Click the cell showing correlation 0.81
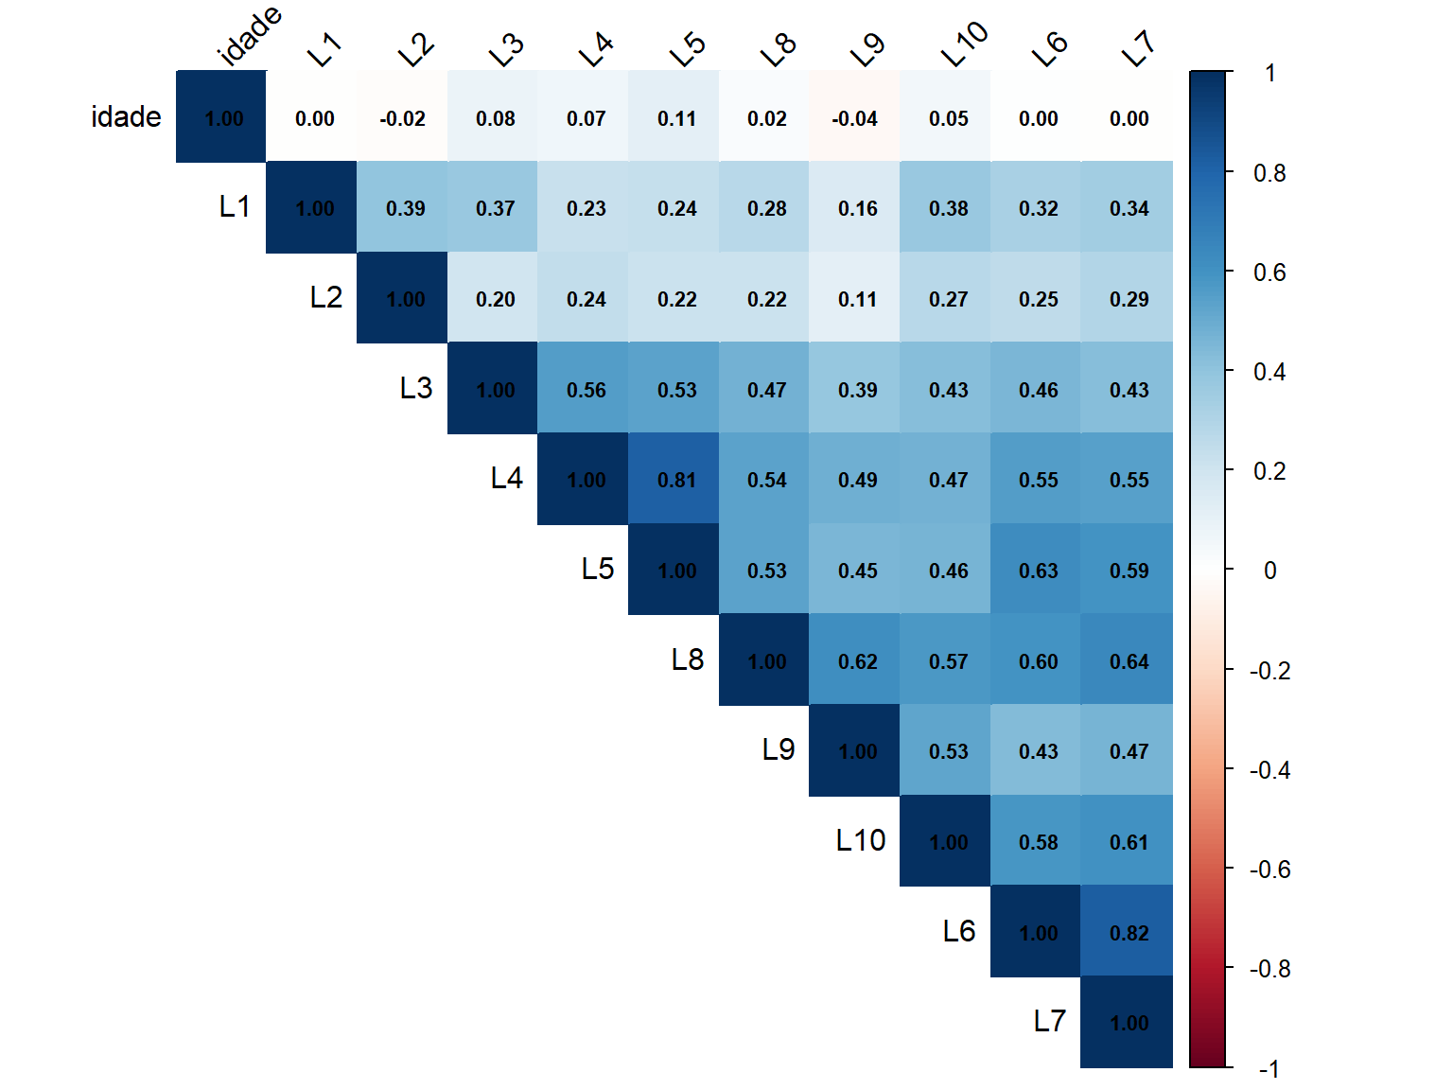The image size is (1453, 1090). point(676,480)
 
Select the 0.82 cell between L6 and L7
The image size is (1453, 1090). point(1129,932)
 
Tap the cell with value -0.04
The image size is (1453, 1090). point(857,118)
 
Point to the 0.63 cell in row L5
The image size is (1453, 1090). point(1038,571)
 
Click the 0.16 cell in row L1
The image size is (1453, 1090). point(857,208)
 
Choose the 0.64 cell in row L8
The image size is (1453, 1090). point(1129,661)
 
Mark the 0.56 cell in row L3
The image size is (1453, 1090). point(586,390)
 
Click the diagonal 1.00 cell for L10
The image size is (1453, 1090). point(948,842)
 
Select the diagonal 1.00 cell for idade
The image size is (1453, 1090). point(223,118)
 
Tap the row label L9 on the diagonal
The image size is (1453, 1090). point(779,750)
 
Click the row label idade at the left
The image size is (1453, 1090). point(126,117)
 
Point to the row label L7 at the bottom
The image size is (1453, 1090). point(1049,1022)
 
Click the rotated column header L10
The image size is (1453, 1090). point(964,45)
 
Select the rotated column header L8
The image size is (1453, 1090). point(779,49)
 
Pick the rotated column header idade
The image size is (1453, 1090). point(250,37)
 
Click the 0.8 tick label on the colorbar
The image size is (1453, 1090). point(1269,173)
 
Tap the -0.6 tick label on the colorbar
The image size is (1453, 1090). point(1269,870)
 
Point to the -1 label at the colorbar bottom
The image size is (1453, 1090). point(1269,1069)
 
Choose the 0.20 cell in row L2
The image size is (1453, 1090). point(495,299)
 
